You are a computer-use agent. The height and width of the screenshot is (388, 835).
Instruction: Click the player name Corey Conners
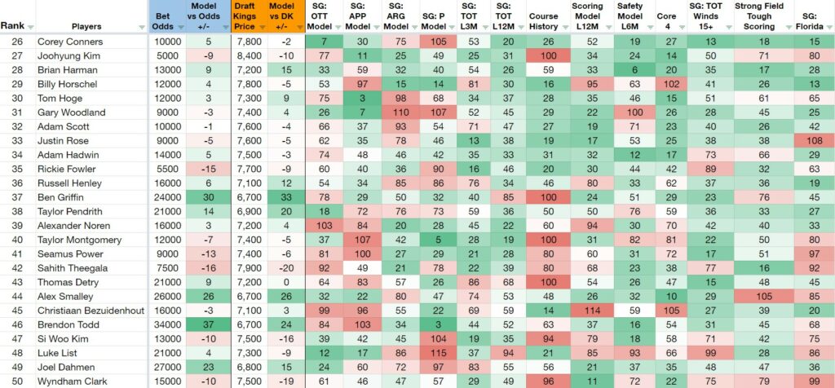70,42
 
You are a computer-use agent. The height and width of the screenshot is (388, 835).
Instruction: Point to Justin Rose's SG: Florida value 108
814,140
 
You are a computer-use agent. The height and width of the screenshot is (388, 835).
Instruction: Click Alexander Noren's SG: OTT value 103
324,226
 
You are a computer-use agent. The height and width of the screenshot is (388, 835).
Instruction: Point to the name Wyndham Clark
72,381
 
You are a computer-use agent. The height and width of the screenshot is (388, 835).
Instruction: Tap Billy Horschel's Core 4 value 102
666,84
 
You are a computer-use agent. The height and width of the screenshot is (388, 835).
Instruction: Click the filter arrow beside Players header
141,27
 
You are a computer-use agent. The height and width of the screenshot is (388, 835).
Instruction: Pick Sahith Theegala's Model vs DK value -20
286,267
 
